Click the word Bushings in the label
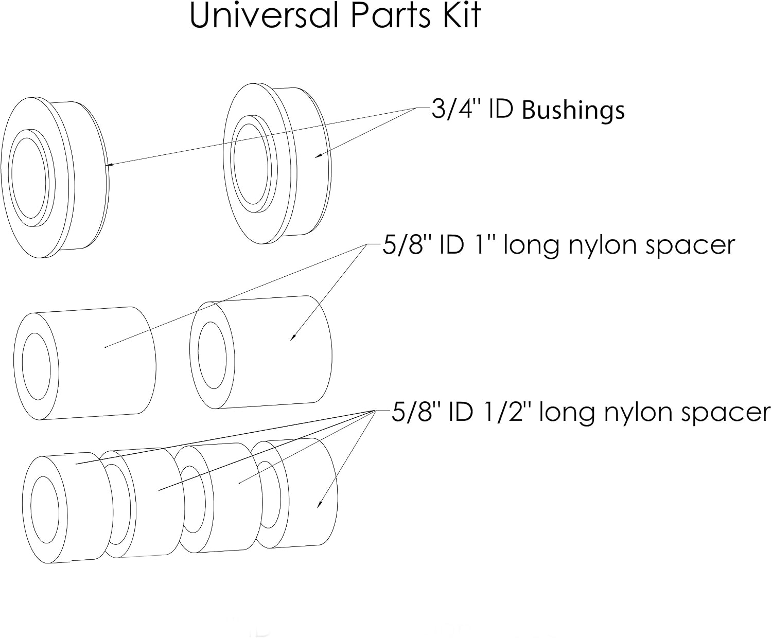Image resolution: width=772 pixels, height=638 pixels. tap(573, 110)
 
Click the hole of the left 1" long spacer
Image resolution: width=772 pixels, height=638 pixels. tap(36, 366)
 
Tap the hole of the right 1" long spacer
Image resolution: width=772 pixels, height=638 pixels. tap(212, 355)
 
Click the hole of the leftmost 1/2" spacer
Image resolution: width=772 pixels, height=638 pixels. tap(45, 510)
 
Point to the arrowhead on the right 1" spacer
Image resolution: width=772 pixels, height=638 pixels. tap(293, 336)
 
